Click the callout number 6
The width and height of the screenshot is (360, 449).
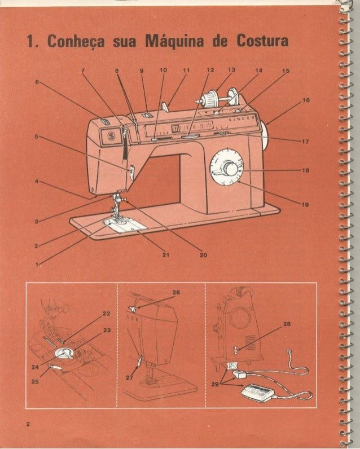37,82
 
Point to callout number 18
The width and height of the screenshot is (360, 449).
305,170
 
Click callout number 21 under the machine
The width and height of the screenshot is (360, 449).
166,255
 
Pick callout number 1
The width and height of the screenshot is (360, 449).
37,264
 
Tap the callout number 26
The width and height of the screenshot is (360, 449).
176,293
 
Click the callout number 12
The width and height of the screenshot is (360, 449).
210,71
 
